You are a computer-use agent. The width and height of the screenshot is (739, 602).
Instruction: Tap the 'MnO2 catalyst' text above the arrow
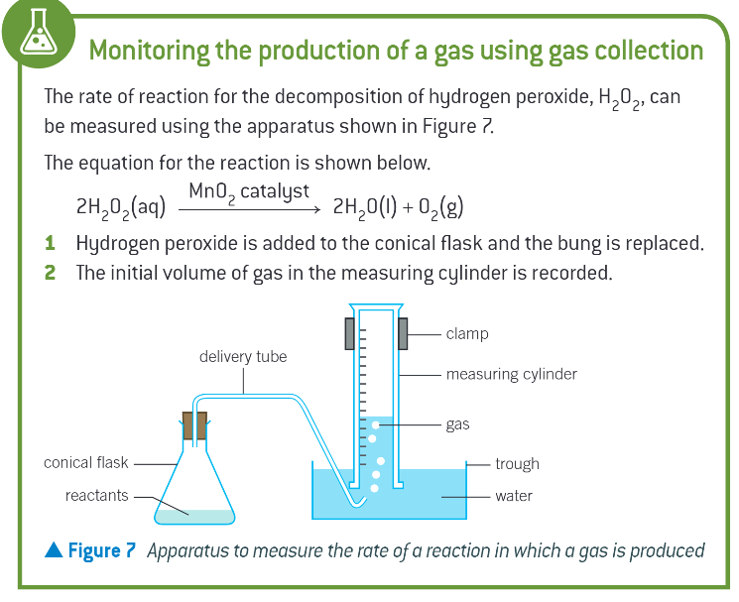pyautogui.click(x=249, y=190)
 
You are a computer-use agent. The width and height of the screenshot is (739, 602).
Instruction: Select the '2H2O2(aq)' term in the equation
pyautogui.click(x=120, y=209)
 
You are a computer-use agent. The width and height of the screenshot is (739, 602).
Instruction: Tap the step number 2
pyautogui.click(x=51, y=272)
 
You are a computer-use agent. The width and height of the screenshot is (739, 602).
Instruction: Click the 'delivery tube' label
pyautogui.click(x=243, y=356)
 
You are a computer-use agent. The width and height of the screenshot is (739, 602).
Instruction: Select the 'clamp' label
pyautogui.click(x=467, y=333)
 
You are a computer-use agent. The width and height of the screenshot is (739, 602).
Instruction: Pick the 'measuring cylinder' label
pyautogui.click(x=511, y=375)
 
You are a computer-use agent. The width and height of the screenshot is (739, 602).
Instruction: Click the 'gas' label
pyautogui.click(x=457, y=423)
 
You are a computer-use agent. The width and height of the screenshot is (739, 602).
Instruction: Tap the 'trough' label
pyautogui.click(x=517, y=463)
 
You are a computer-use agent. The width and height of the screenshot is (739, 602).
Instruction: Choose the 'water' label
pyautogui.click(x=514, y=495)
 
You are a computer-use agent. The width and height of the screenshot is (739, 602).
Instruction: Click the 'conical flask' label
pyautogui.click(x=86, y=462)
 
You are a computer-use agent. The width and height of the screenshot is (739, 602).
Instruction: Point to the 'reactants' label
pyautogui.click(x=97, y=495)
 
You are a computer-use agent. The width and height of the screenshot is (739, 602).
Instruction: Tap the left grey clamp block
pyautogui.click(x=350, y=333)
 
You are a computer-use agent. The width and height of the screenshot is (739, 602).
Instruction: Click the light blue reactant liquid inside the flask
pyautogui.click(x=196, y=515)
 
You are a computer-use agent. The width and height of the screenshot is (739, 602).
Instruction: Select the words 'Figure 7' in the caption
pyautogui.click(x=100, y=550)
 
